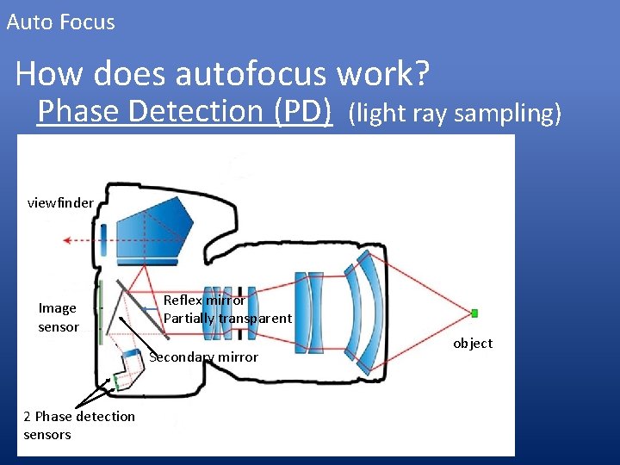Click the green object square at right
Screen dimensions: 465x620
(x=474, y=313)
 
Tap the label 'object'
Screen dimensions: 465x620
(x=473, y=344)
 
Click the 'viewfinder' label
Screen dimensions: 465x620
(x=60, y=203)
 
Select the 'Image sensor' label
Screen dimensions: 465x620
(x=58, y=317)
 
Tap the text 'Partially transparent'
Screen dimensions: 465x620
(x=227, y=319)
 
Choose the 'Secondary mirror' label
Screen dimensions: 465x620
(x=204, y=357)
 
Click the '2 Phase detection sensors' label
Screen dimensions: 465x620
(x=78, y=425)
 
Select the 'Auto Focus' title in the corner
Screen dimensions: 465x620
(x=60, y=22)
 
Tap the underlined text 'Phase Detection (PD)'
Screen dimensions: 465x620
(x=184, y=111)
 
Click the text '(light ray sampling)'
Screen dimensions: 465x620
(x=455, y=113)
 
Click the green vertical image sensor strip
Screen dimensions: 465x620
(x=101, y=310)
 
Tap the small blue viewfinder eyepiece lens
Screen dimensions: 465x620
(x=102, y=237)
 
